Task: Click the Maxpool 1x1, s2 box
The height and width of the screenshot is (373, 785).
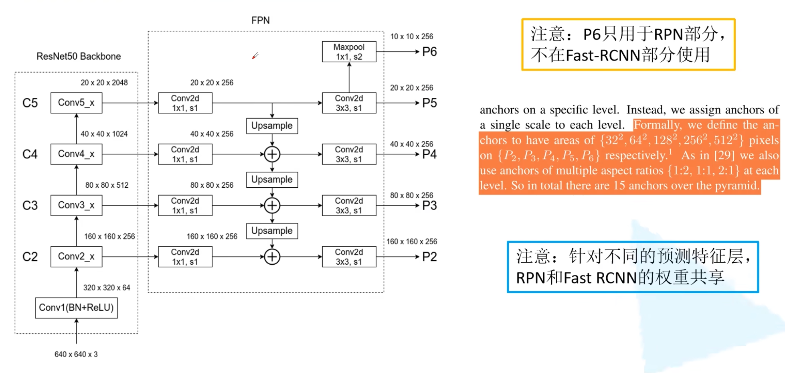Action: point(349,52)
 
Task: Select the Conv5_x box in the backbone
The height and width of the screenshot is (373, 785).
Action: point(76,103)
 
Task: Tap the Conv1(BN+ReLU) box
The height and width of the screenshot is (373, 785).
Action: point(76,308)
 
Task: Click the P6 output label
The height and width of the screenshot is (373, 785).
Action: point(429,52)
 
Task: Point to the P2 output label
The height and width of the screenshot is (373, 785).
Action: point(429,257)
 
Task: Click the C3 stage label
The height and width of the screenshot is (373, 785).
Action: point(30,205)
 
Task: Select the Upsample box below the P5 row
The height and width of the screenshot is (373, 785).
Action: point(272,126)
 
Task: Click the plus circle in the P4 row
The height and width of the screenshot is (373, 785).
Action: point(272,154)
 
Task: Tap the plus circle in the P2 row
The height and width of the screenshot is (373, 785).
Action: point(272,257)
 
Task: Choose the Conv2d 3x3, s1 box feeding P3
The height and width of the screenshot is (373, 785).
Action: point(349,205)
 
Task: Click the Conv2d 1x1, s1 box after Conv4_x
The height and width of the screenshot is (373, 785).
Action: point(185,154)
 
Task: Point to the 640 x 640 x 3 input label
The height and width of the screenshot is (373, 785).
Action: point(76,355)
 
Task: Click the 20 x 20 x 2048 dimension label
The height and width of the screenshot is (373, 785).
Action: point(104,83)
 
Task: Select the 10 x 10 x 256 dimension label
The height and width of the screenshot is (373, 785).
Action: point(412,36)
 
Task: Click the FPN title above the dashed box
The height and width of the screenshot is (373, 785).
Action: point(261,20)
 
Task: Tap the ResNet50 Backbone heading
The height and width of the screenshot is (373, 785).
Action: point(79,56)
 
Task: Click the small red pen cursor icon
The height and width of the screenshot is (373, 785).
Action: point(255,56)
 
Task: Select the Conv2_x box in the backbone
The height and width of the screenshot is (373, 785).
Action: point(76,257)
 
